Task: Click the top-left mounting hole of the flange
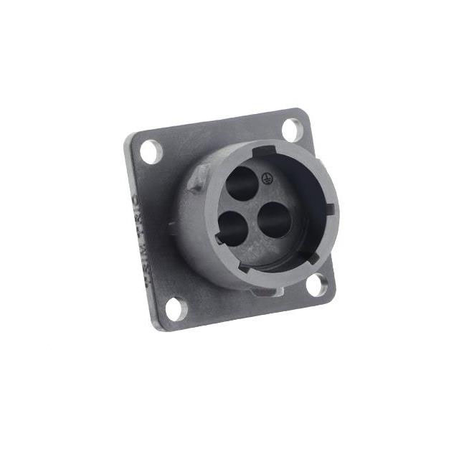tap(151, 151)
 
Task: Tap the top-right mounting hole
tap(292, 129)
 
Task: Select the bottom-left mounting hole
tap(174, 308)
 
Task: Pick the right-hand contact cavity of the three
tap(273, 219)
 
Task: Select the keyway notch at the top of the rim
tap(264, 151)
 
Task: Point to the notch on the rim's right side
tap(329, 209)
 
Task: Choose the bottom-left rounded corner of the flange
tap(159, 326)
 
